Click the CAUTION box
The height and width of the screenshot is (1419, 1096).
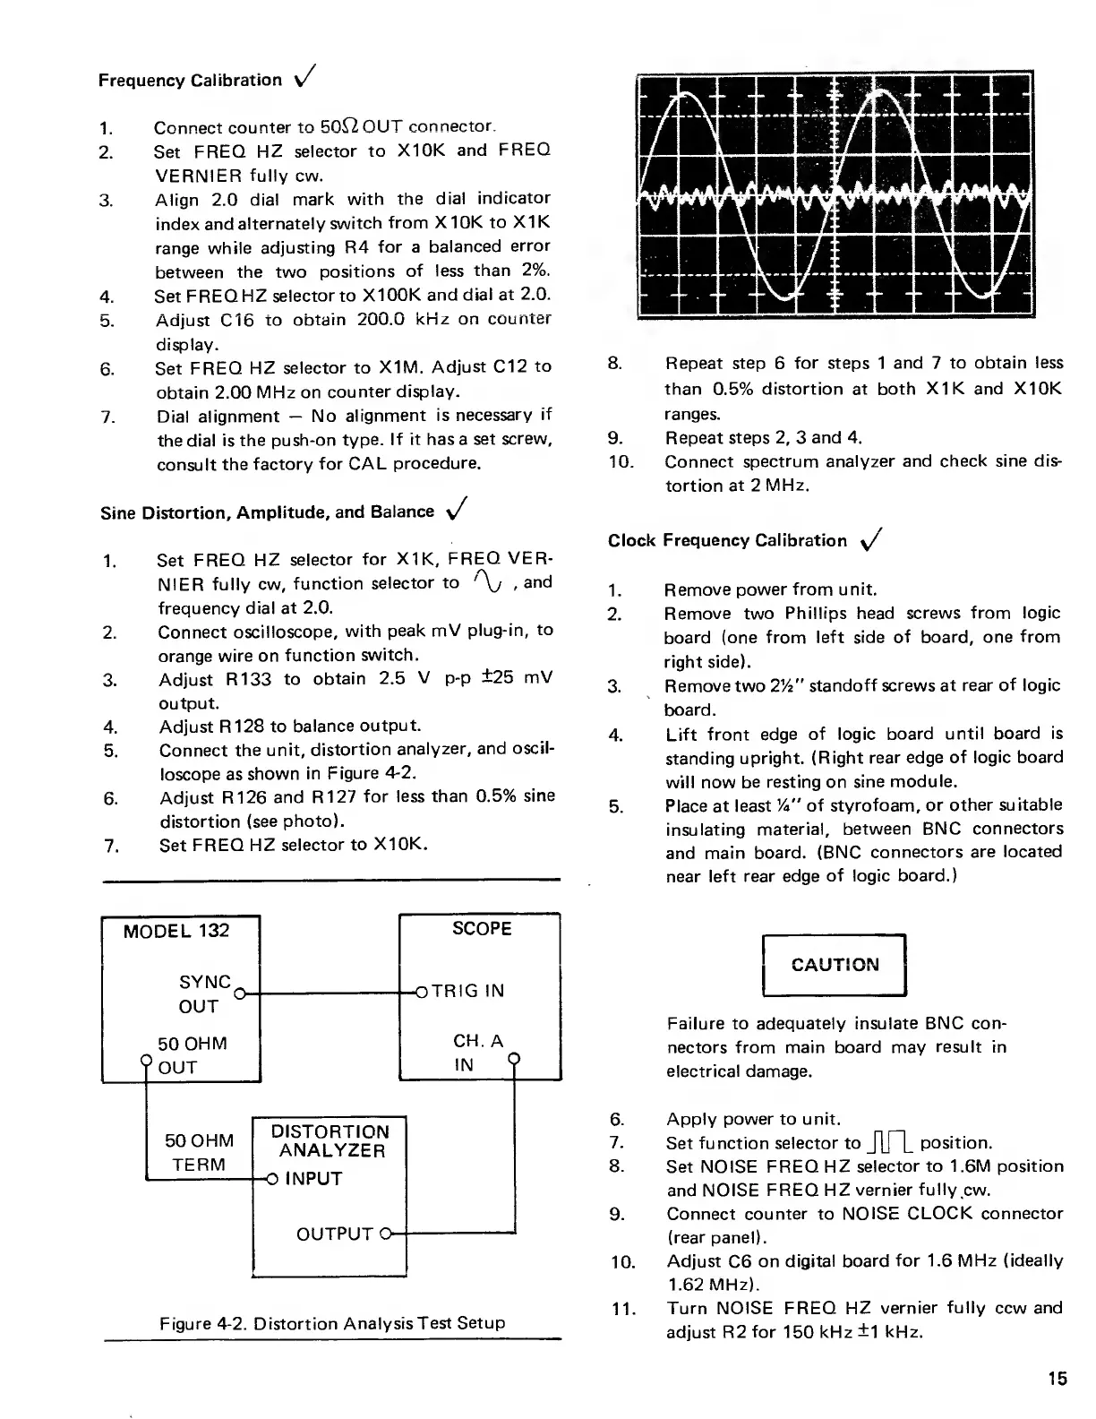click(835, 965)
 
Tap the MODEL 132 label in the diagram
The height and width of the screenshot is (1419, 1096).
click(176, 931)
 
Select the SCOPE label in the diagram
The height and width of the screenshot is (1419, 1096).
click(482, 929)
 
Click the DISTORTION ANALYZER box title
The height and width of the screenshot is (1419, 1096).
click(330, 1141)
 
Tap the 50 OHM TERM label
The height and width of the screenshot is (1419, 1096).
click(199, 1152)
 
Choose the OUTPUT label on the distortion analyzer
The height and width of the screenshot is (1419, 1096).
click(334, 1234)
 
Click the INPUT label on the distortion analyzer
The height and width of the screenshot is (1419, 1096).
click(313, 1179)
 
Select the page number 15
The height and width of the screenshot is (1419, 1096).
click(1057, 1379)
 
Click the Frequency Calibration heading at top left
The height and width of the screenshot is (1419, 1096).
click(190, 81)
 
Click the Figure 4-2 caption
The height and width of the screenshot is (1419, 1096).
click(332, 1322)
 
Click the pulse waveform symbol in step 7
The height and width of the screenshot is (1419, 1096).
click(889, 1142)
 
